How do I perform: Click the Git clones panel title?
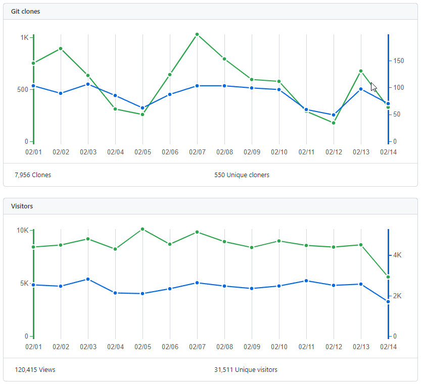pos(25,11)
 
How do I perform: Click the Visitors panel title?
pos(23,206)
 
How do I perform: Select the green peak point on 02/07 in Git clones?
pos(197,34)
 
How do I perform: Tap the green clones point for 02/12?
pos(334,123)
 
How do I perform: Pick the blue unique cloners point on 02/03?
pos(88,84)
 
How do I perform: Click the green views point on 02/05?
pos(143,229)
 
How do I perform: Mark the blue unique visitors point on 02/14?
pos(388,302)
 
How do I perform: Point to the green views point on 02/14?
pos(388,277)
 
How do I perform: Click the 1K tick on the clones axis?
pos(24,37)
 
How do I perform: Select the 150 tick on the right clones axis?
pos(399,61)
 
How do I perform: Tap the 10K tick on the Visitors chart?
pos(23,230)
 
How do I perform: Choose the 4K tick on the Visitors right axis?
pos(397,255)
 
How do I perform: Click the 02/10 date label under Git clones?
pos(279,151)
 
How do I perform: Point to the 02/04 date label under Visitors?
pos(115,347)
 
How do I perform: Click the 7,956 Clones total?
pos(33,175)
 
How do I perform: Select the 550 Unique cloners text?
pos(242,175)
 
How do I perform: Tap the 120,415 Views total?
pos(35,370)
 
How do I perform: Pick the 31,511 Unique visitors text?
pos(246,370)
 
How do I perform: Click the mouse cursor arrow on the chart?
pos(373,86)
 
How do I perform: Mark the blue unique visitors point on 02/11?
pos(306,281)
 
